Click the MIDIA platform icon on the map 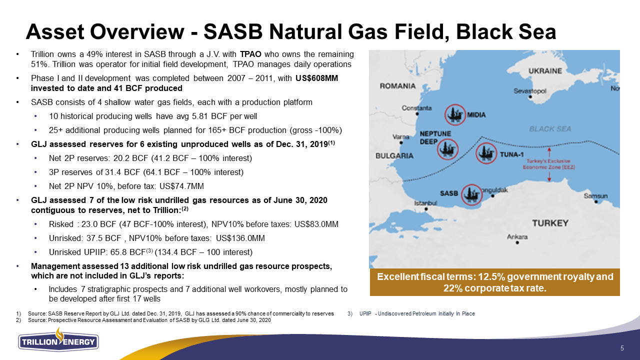pyautogui.click(x=455, y=114)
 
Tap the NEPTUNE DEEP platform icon pyautogui.click(x=447, y=149)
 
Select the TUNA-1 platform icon pyautogui.click(x=486, y=153)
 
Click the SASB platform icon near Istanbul pyautogui.click(x=471, y=195)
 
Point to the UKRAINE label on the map pyautogui.click(x=545, y=71)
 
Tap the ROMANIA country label pyautogui.click(x=397, y=86)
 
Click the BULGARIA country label pyautogui.click(x=394, y=155)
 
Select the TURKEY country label pyautogui.click(x=550, y=223)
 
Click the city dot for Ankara pyautogui.click(x=517, y=243)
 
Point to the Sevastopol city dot pyautogui.click(x=530, y=97)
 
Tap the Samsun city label pyautogui.click(x=595, y=196)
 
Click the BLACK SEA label pyautogui.click(x=550, y=129)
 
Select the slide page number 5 pyautogui.click(x=622, y=348)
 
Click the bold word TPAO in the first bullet pyautogui.click(x=250, y=54)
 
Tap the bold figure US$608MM pyautogui.click(x=316, y=78)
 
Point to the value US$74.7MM pyautogui.click(x=181, y=186)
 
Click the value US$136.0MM pyautogui.click(x=240, y=238)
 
